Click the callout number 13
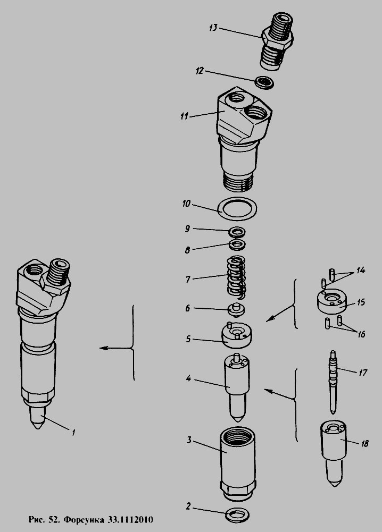pyautogui.click(x=213, y=28)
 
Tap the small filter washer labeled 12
pyautogui.click(x=264, y=83)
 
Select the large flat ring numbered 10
pyautogui.click(x=237, y=208)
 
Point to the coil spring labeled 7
pyautogui.click(x=236, y=278)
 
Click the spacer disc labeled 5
pyautogui.click(x=237, y=335)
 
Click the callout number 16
pyautogui.click(x=361, y=334)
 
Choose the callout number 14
pyautogui.click(x=361, y=270)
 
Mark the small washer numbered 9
pyautogui.click(x=237, y=232)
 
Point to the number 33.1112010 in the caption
pyautogui.click(x=131, y=519)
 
